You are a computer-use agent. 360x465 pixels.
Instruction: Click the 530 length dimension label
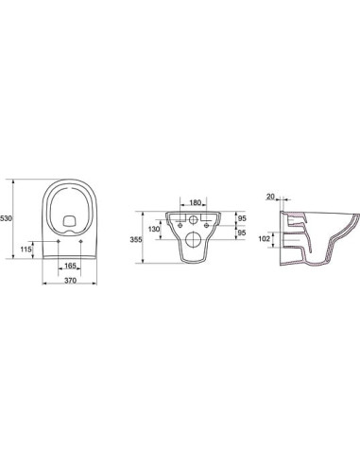(6, 218)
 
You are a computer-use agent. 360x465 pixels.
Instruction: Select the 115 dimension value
(26, 250)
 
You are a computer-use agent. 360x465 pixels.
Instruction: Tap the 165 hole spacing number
(70, 266)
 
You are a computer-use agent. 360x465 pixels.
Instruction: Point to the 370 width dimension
(70, 280)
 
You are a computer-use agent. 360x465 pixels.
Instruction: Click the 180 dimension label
(196, 202)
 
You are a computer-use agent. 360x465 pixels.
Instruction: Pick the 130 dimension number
(154, 230)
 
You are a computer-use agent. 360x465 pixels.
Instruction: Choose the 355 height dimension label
(136, 239)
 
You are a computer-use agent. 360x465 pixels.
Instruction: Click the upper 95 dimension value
(242, 218)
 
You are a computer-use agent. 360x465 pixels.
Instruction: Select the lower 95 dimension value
(242, 232)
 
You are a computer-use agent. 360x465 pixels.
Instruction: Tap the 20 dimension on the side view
(270, 197)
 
